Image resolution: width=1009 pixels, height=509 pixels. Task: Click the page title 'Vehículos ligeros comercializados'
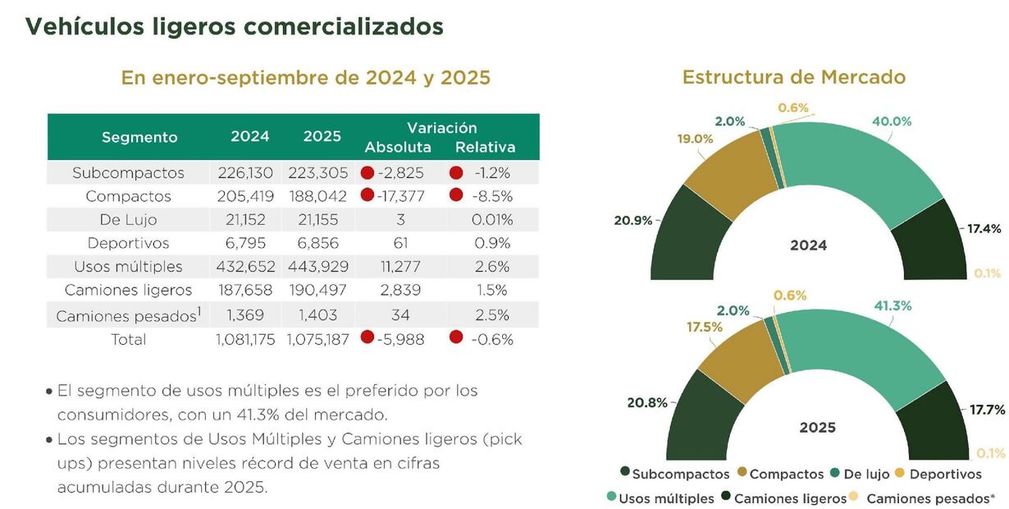coord(235,26)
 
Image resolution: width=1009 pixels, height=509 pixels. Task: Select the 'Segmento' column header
coord(139,137)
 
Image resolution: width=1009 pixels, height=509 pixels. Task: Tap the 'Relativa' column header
coord(485,148)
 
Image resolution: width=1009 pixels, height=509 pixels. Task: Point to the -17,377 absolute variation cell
coord(401,196)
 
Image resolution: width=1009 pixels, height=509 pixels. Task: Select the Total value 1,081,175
coord(245,339)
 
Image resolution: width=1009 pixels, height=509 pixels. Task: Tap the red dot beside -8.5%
coord(457,195)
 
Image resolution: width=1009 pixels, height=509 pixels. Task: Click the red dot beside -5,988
coord(367,337)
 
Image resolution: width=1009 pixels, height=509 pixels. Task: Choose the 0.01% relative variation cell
coord(492,220)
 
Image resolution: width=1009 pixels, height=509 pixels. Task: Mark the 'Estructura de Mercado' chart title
coord(793,77)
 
